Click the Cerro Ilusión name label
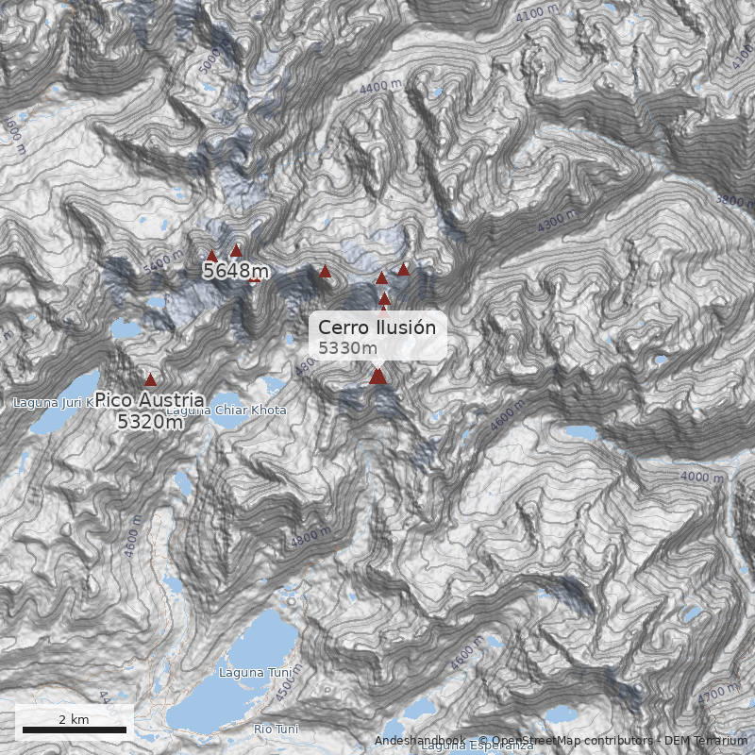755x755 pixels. [x=377, y=327]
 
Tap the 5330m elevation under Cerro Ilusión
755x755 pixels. [x=348, y=348]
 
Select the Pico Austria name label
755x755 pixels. [x=149, y=401]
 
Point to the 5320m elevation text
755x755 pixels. [x=150, y=422]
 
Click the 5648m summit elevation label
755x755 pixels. [x=236, y=272]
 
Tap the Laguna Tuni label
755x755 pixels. [x=243, y=673]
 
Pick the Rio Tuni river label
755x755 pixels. [x=276, y=729]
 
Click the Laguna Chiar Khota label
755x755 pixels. [x=226, y=411]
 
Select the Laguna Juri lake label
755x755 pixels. [x=53, y=403]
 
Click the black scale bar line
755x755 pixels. [x=75, y=730]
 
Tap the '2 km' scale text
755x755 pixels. [x=74, y=719]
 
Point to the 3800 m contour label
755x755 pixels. [x=736, y=200]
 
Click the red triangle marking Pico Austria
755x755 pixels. [x=150, y=379]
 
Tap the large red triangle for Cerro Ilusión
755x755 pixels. [x=377, y=377]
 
